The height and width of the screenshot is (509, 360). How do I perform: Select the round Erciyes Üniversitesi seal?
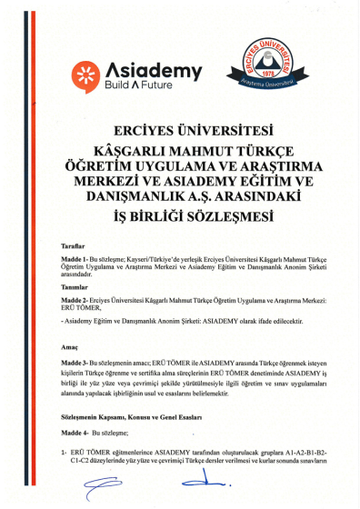coord(268,62)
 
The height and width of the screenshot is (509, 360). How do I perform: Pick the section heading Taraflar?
coord(71,245)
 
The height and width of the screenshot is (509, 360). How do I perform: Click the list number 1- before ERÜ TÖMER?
coord(65,451)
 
